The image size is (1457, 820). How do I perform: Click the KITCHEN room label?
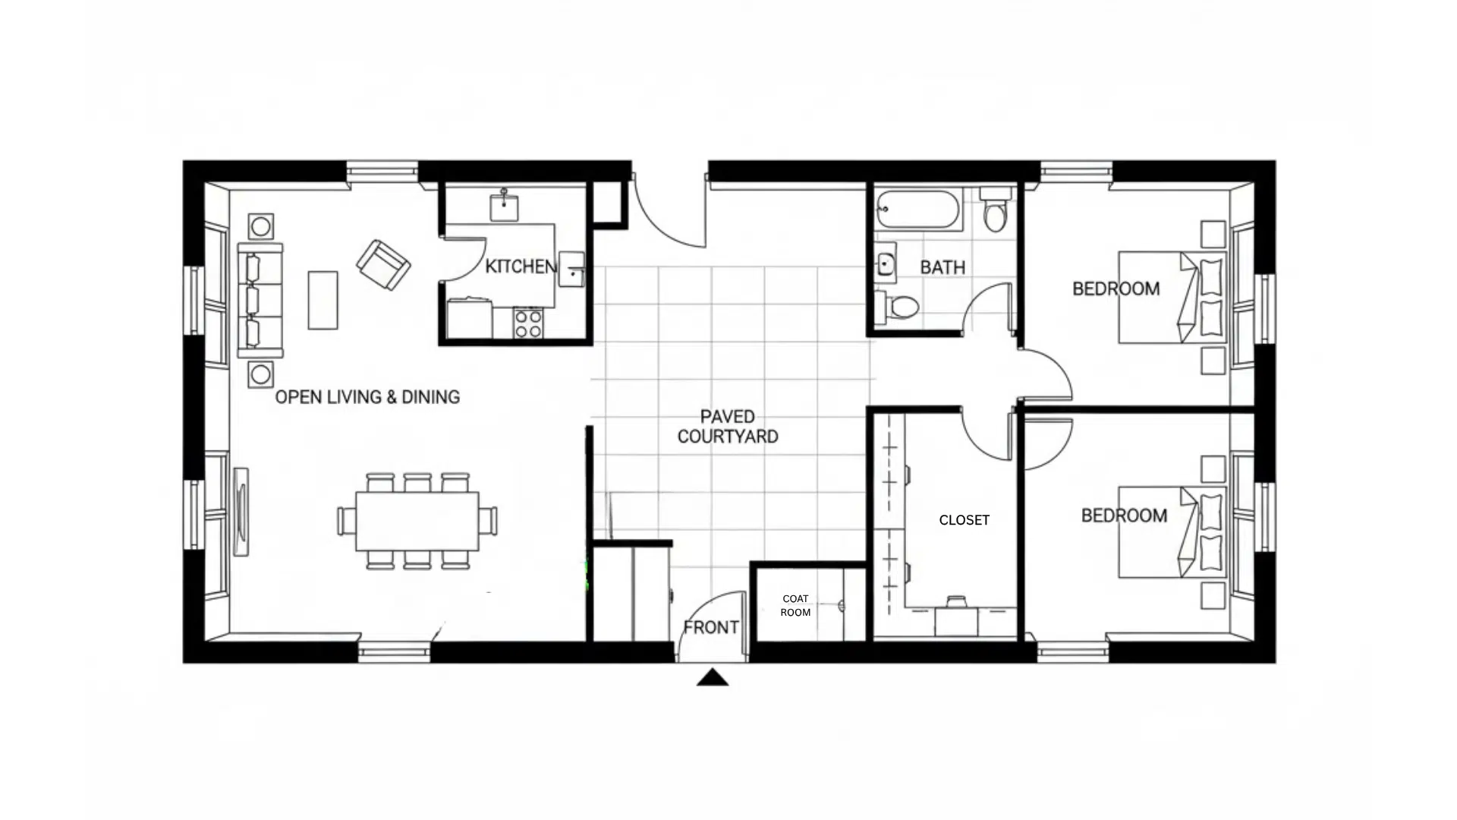click(521, 266)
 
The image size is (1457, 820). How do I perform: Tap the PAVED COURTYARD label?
click(727, 427)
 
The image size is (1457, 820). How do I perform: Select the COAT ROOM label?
click(795, 605)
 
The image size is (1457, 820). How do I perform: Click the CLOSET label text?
click(964, 520)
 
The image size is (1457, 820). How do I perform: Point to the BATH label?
click(942, 267)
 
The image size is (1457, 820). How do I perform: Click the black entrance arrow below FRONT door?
click(712, 677)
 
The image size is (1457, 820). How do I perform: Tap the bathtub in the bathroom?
click(917, 209)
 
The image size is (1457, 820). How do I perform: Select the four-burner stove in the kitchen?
click(528, 323)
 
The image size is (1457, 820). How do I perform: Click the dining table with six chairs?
click(417, 521)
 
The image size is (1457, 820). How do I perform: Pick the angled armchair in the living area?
click(383, 264)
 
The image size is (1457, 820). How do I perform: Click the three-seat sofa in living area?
click(260, 300)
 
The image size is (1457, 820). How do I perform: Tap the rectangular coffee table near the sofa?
click(323, 300)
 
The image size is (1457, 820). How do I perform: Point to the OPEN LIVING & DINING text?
click(367, 397)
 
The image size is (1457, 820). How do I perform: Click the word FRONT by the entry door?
click(710, 627)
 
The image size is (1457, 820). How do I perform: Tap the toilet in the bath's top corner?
click(995, 210)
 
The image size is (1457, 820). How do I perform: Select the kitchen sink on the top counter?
click(504, 206)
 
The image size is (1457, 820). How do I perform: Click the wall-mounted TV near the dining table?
click(241, 511)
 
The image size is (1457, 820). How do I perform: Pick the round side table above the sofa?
click(261, 225)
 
